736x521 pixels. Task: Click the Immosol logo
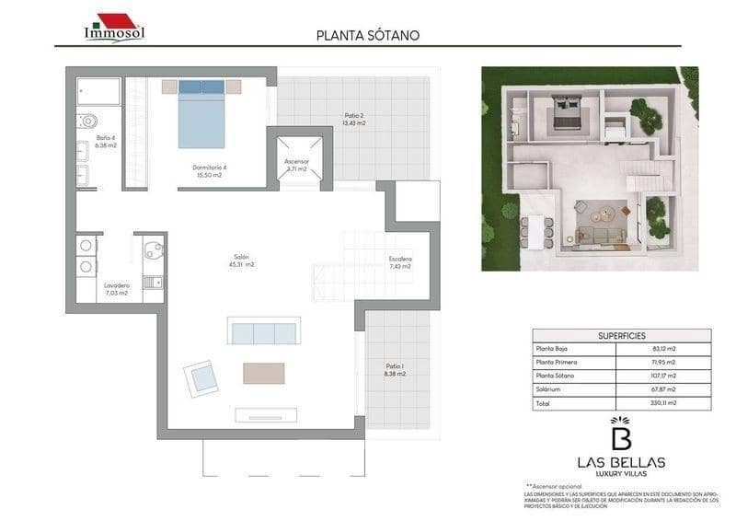pos(114,28)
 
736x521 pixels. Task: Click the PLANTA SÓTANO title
pos(367,36)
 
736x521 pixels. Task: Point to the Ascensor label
pos(297,166)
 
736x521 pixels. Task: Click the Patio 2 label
pos(354,119)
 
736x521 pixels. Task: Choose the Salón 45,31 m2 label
pos(243,260)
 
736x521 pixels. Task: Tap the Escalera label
pos(400,262)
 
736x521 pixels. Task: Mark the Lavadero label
pos(116,289)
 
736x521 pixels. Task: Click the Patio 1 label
pos(395,370)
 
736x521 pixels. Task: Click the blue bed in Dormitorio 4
pos(201,114)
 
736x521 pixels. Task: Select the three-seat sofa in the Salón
pos(265,331)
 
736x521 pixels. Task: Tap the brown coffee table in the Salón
pos(263,373)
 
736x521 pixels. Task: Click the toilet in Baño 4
pos(88,121)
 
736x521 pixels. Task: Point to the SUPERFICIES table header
pos(621,336)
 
